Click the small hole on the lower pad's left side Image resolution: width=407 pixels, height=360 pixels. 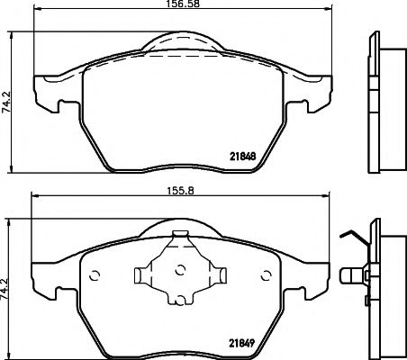97,271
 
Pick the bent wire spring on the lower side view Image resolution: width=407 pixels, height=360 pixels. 353,238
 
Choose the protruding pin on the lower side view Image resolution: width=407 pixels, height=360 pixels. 350,272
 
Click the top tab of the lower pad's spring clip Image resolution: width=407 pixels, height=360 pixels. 180,236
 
